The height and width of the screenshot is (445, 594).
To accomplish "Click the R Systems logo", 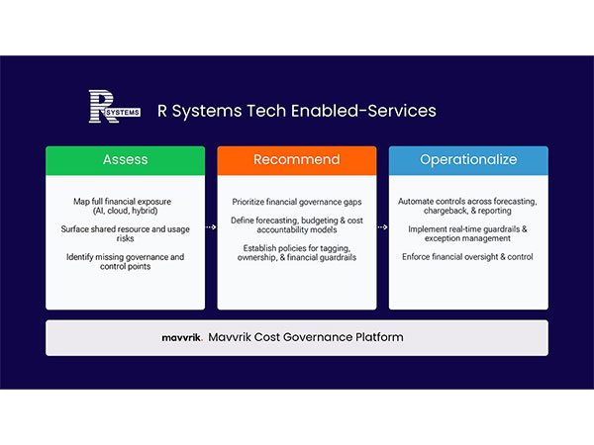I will click(x=110, y=110).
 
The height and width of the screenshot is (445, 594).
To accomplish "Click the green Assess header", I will click(x=125, y=159).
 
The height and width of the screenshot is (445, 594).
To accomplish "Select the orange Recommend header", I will click(x=296, y=159).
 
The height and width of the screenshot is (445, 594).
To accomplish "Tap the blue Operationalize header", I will click(x=467, y=159).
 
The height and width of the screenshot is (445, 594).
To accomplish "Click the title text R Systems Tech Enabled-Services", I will click(x=297, y=111).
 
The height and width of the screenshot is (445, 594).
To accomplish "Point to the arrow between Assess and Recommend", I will click(x=211, y=226).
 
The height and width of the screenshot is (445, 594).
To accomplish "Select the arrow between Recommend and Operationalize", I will click(x=382, y=226).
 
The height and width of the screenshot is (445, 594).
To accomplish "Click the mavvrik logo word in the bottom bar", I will click(x=182, y=338).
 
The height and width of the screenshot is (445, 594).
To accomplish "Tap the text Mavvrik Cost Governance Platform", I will click(x=306, y=338).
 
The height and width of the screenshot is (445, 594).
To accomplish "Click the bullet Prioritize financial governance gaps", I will click(x=296, y=201).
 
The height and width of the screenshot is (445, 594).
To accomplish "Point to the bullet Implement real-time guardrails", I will click(x=467, y=232).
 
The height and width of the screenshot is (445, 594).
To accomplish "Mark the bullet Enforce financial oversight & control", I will click(x=467, y=257).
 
